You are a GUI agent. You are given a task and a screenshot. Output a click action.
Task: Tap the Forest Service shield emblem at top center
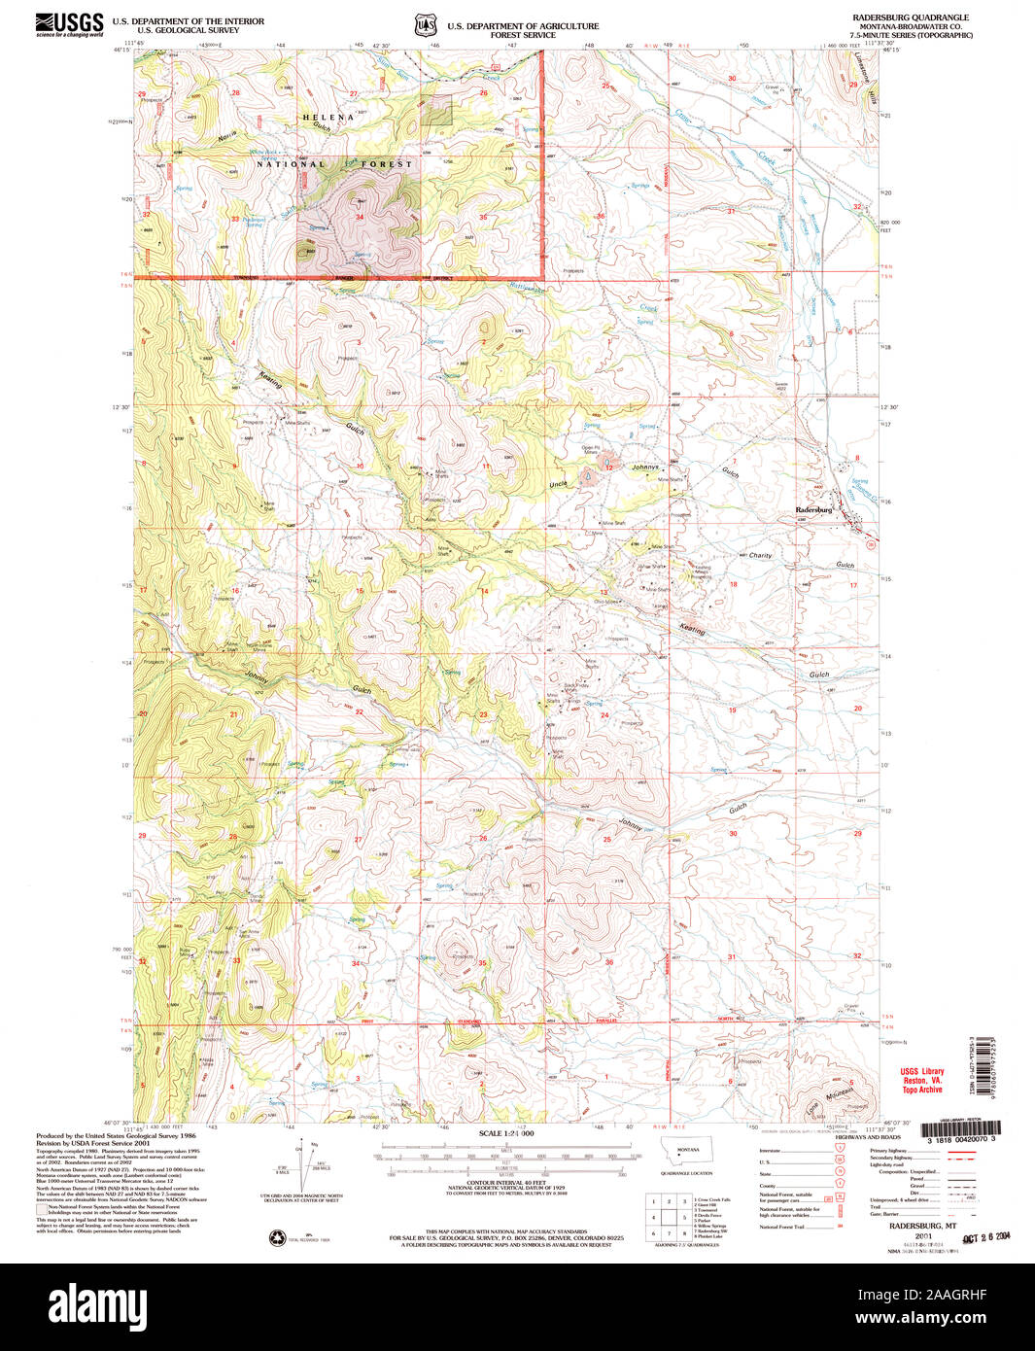click(x=422, y=23)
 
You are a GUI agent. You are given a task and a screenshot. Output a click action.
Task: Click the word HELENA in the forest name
click(x=321, y=117)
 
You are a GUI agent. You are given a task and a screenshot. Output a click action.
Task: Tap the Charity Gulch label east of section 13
click(x=760, y=556)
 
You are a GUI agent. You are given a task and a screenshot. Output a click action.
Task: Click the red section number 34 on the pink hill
click(x=360, y=217)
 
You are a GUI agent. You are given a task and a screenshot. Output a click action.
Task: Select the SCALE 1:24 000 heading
click(x=506, y=1133)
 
